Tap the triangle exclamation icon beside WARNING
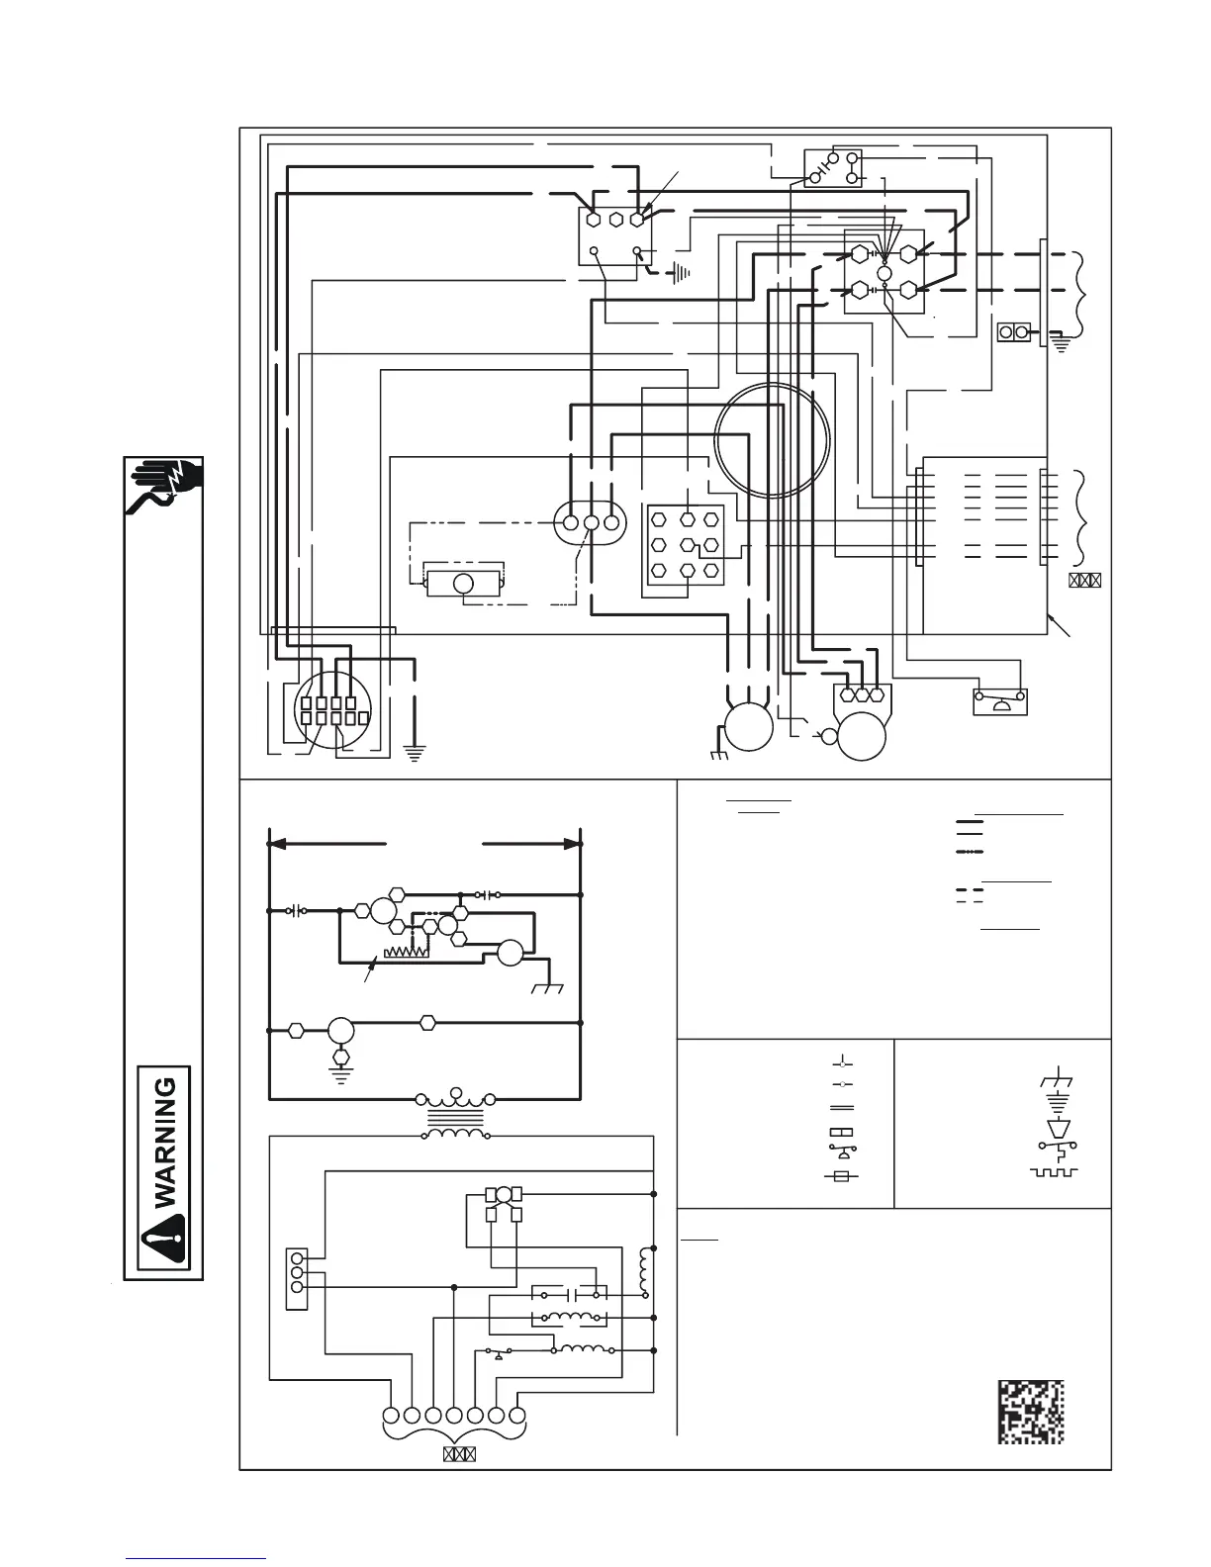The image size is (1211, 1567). (x=164, y=1240)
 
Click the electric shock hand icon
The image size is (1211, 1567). (x=164, y=486)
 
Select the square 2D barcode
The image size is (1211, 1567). (x=1030, y=1412)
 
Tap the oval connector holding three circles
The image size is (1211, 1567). (x=591, y=522)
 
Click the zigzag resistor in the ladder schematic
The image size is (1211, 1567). (x=405, y=950)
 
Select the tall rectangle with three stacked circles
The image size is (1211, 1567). (x=296, y=1279)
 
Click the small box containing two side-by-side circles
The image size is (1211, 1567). (x=1014, y=332)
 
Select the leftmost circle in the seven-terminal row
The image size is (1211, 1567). (x=391, y=1415)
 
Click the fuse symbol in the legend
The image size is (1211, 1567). (x=841, y=1175)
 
